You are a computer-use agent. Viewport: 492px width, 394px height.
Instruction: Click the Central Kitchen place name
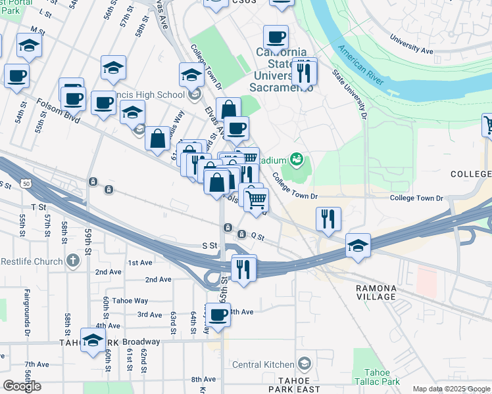tap(263, 364)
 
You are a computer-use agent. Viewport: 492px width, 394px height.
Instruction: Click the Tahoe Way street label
tap(131, 300)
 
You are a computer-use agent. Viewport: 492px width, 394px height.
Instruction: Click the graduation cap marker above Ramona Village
tap(358, 246)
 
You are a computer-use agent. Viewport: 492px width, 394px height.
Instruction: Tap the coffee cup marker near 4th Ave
tap(218, 315)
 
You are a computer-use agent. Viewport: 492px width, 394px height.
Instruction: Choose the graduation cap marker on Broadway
tap(93, 340)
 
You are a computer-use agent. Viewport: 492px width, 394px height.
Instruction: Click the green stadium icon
tap(297, 159)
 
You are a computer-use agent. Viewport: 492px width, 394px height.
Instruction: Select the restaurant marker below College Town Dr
tap(328, 219)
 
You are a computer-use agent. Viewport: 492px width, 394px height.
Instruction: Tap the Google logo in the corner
tap(22, 386)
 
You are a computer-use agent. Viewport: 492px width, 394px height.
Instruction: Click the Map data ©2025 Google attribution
tap(451, 389)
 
